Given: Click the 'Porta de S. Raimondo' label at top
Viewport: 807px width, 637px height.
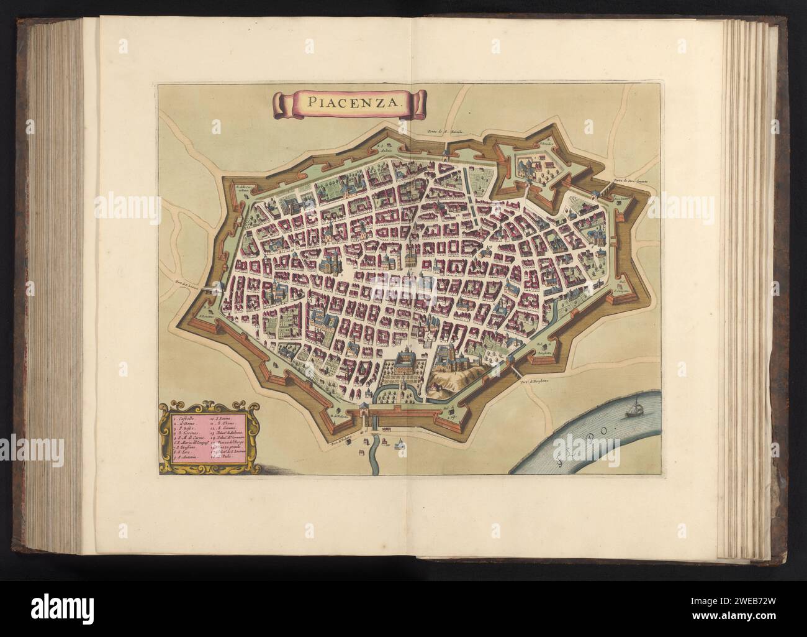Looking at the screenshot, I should pos(445,132).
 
